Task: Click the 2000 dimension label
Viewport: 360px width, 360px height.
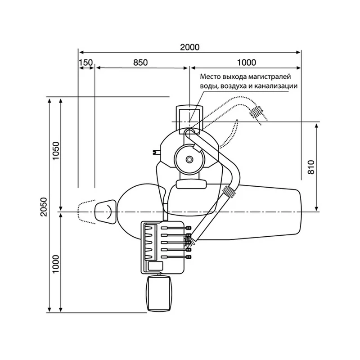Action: pyautogui.click(x=189, y=47)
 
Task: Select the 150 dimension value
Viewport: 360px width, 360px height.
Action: pyautogui.click(x=86, y=63)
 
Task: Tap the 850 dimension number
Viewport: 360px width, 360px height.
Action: pyautogui.click(x=140, y=63)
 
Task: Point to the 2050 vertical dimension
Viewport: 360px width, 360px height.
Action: pyautogui.click(x=43, y=207)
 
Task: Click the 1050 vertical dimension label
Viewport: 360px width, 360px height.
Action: pyautogui.click(x=56, y=151)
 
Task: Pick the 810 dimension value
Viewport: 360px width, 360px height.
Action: pyautogui.click(x=310, y=167)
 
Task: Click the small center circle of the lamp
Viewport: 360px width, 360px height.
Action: pyautogui.click(x=189, y=159)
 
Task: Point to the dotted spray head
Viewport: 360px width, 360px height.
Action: pyautogui.click(x=256, y=112)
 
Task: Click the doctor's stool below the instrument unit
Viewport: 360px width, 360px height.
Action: pyautogui.click(x=159, y=294)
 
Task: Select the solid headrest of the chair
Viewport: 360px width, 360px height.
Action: pyautogui.click(x=106, y=212)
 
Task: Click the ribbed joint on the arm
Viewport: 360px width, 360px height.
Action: pyautogui.click(x=230, y=191)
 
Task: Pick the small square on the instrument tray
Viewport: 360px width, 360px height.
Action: pyautogui.click(x=155, y=266)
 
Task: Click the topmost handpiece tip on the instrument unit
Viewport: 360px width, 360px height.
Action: pyautogui.click(x=189, y=228)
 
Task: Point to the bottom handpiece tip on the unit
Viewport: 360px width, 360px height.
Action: pyautogui.click(x=189, y=256)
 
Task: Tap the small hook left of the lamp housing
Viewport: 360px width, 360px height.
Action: pyautogui.click(x=156, y=152)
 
